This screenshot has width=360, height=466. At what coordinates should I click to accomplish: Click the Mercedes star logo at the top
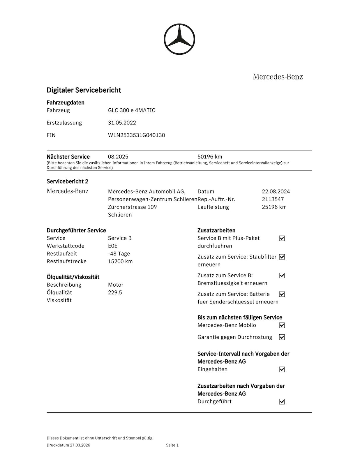click(x=179, y=39)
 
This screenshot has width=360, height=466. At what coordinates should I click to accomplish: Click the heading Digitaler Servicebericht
click(x=84, y=90)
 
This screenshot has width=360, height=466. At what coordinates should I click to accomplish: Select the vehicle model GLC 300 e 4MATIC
click(x=131, y=110)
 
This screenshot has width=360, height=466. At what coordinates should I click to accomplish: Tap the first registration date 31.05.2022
click(x=122, y=123)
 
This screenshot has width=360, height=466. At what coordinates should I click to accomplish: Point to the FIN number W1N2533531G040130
click(x=136, y=135)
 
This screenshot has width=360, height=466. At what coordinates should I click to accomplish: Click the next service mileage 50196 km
click(x=210, y=157)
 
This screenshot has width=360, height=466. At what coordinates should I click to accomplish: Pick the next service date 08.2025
click(x=118, y=157)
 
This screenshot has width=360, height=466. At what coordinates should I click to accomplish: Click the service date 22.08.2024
click(x=276, y=192)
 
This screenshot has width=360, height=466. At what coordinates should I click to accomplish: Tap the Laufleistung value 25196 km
click(x=274, y=207)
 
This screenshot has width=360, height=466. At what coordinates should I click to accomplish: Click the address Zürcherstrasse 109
click(x=132, y=207)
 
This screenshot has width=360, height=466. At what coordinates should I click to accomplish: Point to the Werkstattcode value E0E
click(x=112, y=246)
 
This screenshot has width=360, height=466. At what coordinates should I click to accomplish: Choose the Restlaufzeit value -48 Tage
click(x=119, y=254)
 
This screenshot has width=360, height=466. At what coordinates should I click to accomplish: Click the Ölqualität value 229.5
click(x=115, y=292)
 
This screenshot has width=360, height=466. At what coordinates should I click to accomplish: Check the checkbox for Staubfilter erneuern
click(x=282, y=257)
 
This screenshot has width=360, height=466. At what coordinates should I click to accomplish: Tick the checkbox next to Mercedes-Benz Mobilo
click(x=282, y=325)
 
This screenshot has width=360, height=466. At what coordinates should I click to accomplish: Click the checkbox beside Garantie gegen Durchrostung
click(x=282, y=337)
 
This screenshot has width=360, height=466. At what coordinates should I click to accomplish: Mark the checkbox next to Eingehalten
click(x=282, y=370)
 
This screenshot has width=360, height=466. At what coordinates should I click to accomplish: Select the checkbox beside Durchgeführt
click(x=282, y=402)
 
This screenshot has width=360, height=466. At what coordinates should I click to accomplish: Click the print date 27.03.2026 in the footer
click(x=80, y=445)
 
